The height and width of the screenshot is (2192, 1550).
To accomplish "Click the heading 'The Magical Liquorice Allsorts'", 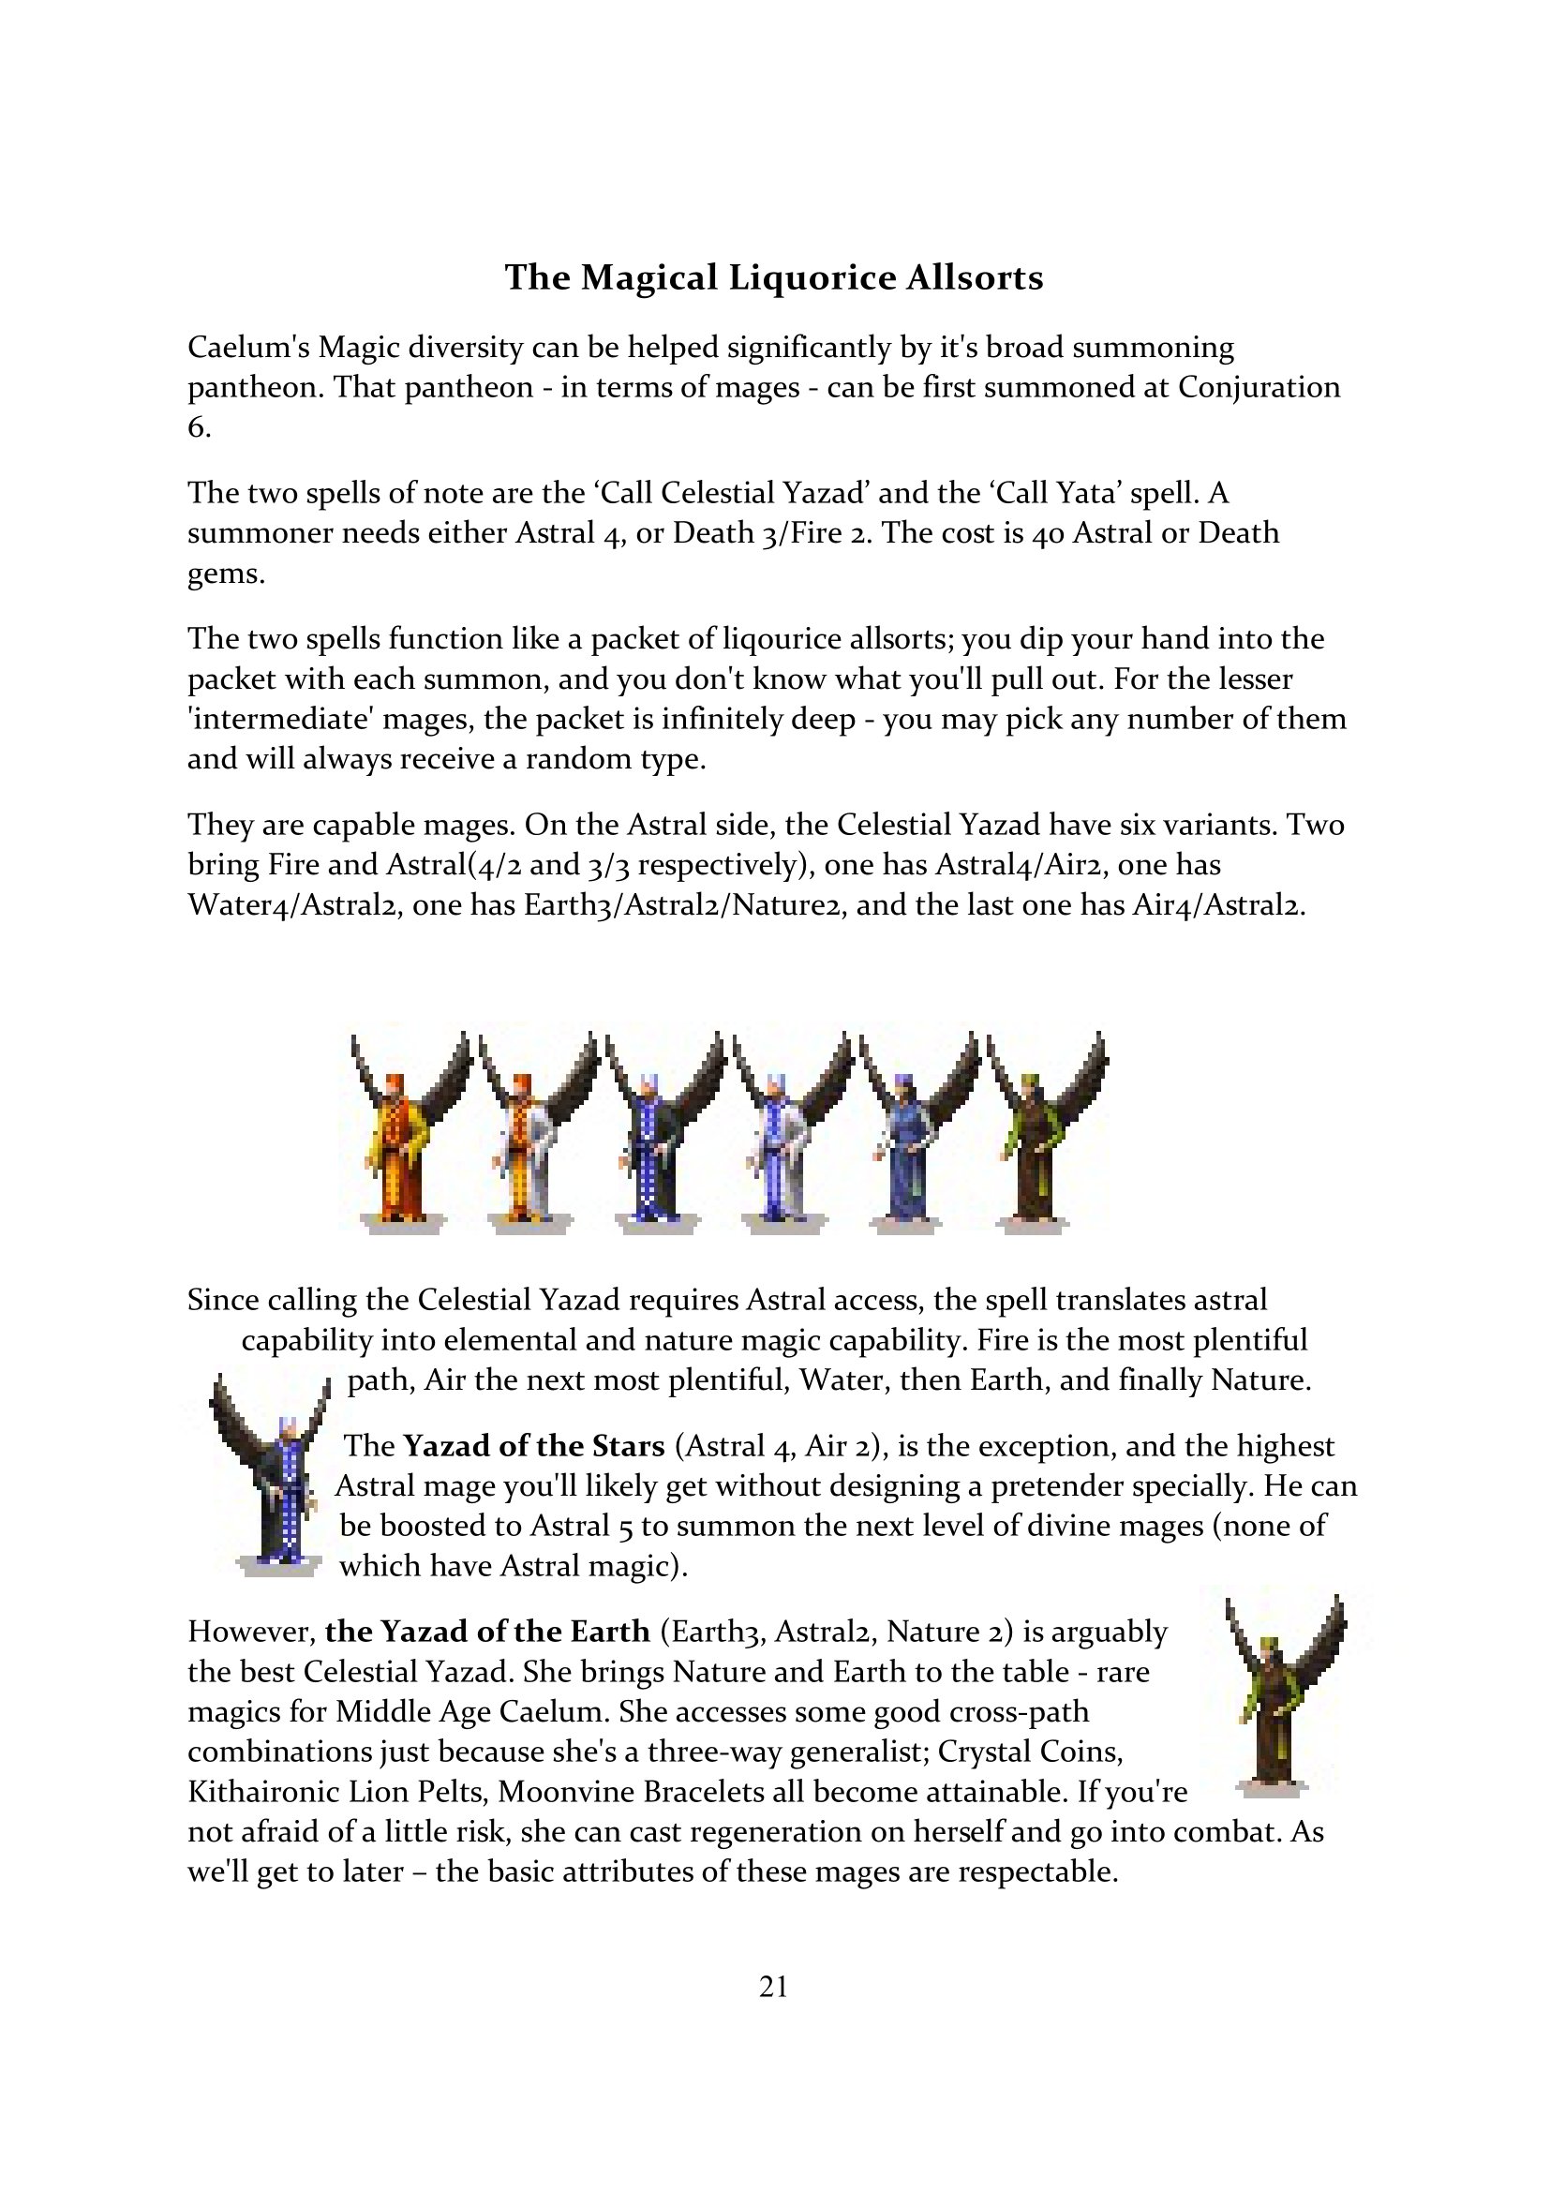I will click(773, 277).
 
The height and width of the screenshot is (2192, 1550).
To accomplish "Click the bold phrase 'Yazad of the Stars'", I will click(533, 1446).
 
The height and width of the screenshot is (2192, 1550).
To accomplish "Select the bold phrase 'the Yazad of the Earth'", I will click(486, 1631).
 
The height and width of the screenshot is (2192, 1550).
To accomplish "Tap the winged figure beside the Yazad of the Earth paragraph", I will click(1279, 1694).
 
